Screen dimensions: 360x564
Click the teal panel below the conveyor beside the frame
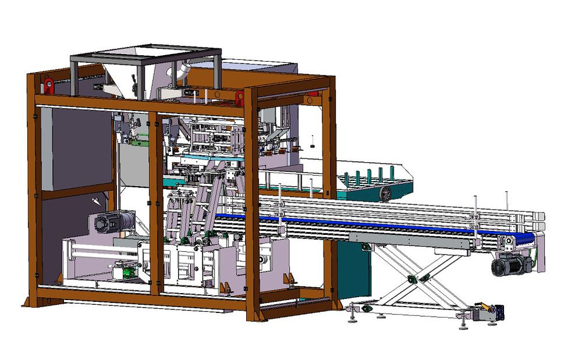[x=352, y=270]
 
